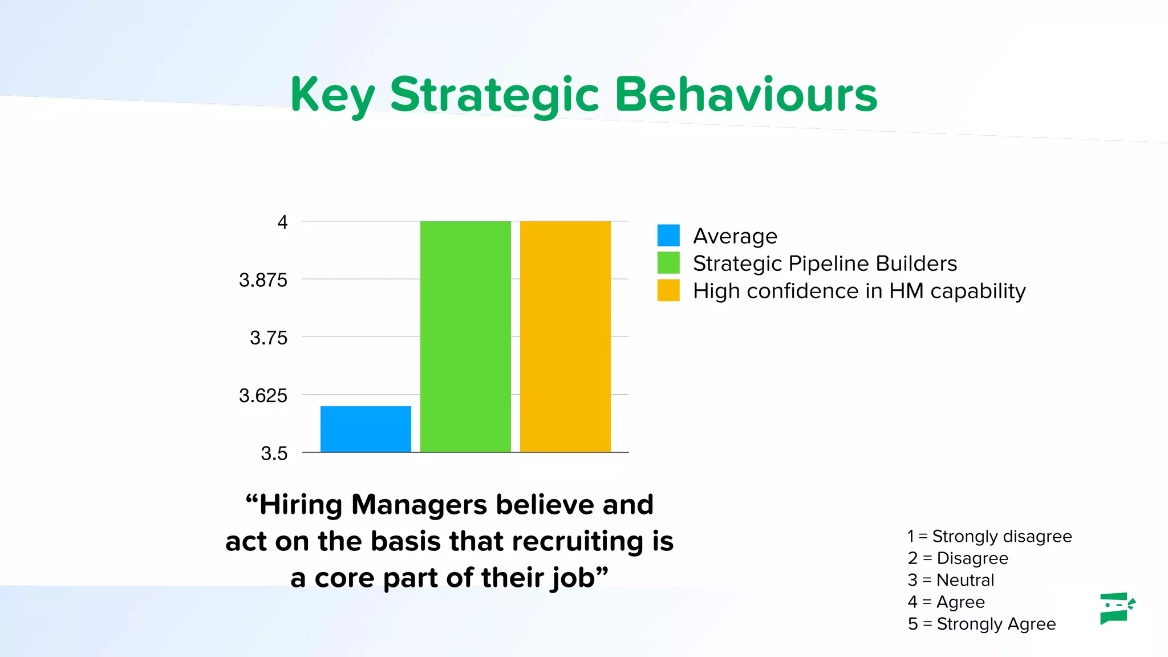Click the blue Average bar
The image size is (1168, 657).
(366, 429)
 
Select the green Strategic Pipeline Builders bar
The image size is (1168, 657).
(465, 336)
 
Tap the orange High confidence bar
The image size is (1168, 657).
(565, 336)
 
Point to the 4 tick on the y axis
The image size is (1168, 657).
(282, 222)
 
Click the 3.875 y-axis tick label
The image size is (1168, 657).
(263, 280)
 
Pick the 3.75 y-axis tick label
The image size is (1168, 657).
(269, 338)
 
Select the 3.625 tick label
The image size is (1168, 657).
(263, 395)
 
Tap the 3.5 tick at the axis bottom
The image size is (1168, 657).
(274, 453)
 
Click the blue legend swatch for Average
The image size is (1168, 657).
(668, 236)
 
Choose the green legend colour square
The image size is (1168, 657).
(668, 263)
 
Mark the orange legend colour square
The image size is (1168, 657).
(668, 290)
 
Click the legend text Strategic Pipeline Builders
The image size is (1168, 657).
(825, 263)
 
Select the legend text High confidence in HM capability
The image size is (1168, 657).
(859, 291)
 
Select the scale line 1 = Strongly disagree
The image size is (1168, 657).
(989, 536)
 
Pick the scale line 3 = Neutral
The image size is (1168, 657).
(951, 580)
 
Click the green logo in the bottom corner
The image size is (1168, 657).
(1117, 608)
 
